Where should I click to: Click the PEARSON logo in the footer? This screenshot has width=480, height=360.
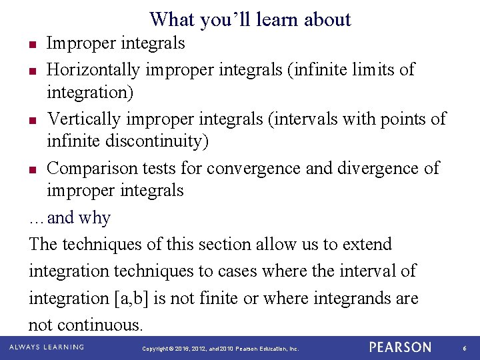click(x=400, y=347)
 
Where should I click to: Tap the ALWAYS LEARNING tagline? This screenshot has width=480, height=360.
click(x=47, y=347)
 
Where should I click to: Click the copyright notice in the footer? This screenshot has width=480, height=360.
click(x=221, y=349)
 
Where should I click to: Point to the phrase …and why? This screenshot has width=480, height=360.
click(x=70, y=218)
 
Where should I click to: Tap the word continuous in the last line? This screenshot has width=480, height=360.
click(x=100, y=325)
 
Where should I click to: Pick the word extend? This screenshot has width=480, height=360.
click(x=367, y=245)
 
